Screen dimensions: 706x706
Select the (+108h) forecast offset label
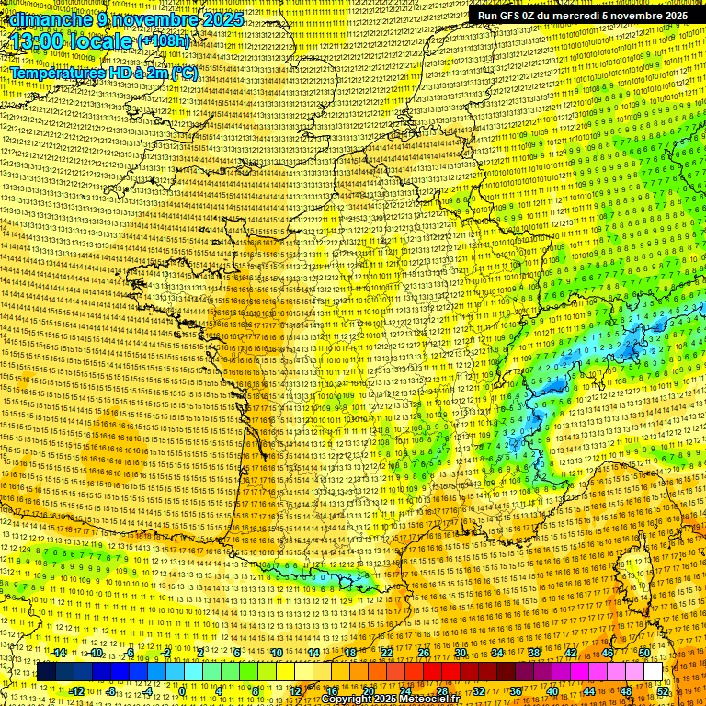163,41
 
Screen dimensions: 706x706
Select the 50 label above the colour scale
644,653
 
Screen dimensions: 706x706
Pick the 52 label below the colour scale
663,691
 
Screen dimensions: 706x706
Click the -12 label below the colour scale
77,691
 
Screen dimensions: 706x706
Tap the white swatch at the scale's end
653,672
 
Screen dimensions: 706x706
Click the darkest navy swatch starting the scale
47,672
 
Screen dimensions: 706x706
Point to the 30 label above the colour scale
461,653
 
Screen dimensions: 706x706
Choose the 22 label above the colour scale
387,653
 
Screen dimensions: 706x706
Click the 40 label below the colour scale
552,691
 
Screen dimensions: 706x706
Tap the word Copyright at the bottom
349,700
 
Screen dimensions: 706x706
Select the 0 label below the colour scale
182,691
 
